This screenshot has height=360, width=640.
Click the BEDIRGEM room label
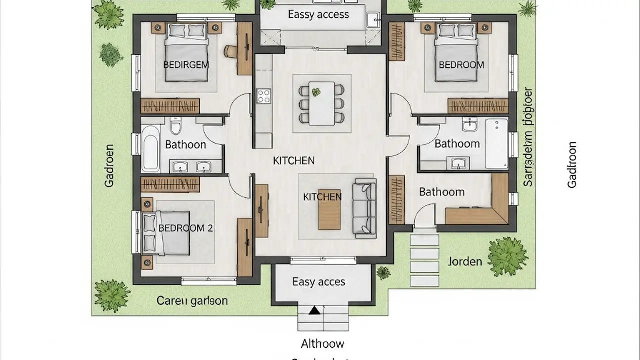click(x=186, y=64)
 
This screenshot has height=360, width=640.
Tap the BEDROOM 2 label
click(x=185, y=228)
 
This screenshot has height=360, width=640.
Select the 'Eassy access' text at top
click(x=318, y=14)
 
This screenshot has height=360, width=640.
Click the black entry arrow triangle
click(x=314, y=311)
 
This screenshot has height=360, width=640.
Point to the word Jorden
click(x=465, y=261)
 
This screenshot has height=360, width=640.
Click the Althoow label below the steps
click(x=322, y=344)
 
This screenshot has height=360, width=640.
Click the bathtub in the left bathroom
click(x=150, y=148)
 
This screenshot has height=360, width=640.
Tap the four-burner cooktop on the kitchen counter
click(x=264, y=95)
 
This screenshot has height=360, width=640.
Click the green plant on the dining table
click(x=316, y=92)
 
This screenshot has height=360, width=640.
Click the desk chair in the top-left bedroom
click(x=231, y=50)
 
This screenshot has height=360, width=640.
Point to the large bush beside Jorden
click(x=507, y=256)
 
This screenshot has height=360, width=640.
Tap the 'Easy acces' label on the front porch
click(x=318, y=282)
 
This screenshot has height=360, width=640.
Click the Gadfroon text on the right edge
click(x=572, y=165)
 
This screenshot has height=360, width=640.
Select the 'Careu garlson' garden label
click(x=192, y=301)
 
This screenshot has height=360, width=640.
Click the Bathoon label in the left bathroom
click(x=185, y=145)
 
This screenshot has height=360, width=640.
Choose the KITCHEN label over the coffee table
click(x=322, y=197)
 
